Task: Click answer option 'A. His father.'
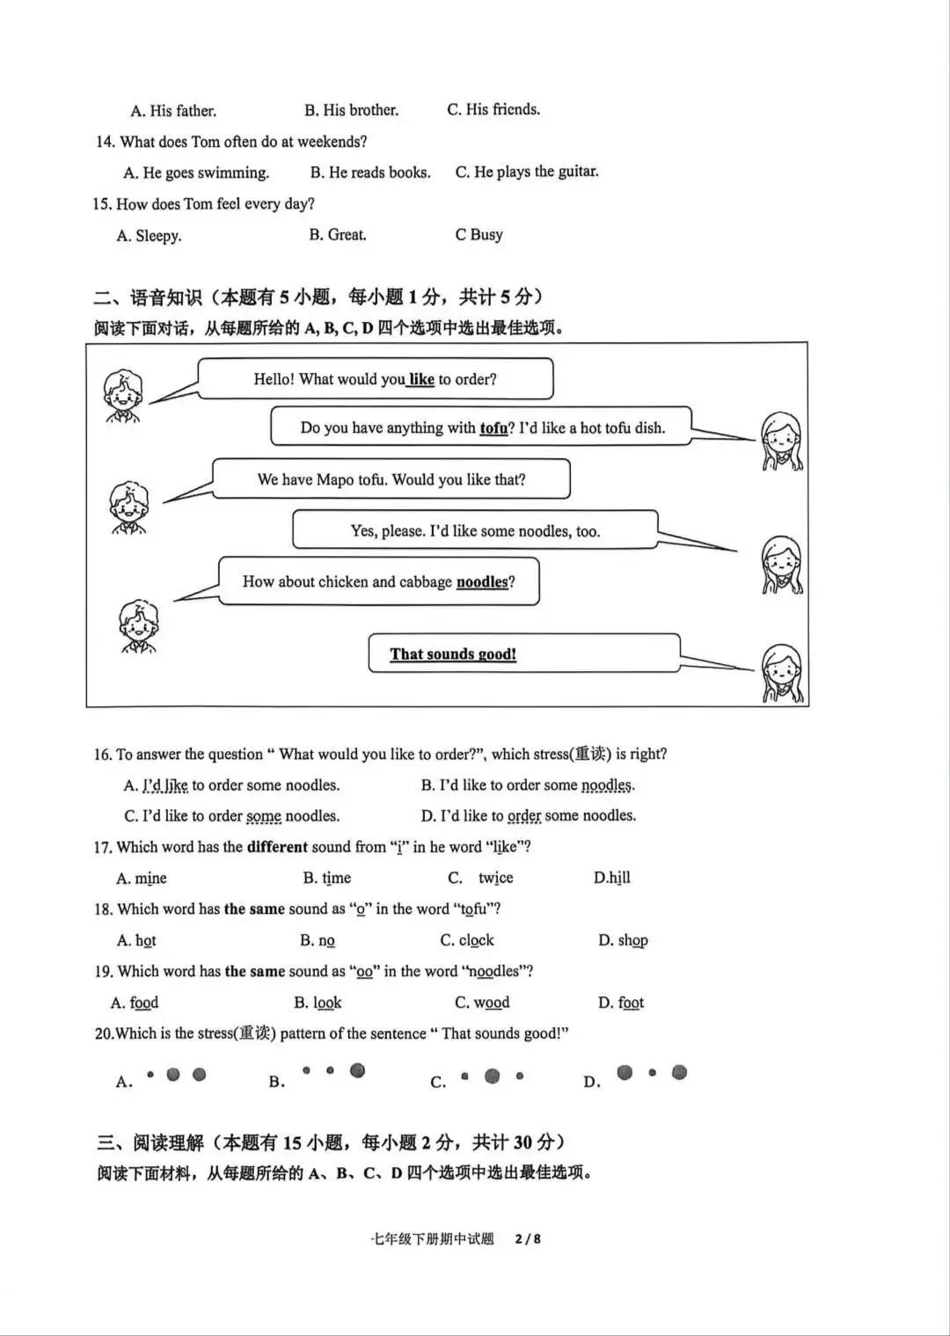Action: pyautogui.click(x=173, y=111)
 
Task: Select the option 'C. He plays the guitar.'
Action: pyautogui.click(x=526, y=172)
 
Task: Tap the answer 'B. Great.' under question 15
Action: pyautogui.click(x=337, y=235)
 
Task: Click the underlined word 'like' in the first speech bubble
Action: pyautogui.click(x=421, y=379)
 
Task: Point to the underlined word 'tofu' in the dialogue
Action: pyautogui.click(x=493, y=428)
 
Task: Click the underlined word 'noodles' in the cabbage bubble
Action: pyautogui.click(x=482, y=582)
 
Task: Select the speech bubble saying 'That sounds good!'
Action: pyautogui.click(x=523, y=653)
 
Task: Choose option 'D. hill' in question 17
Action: pyautogui.click(x=611, y=878)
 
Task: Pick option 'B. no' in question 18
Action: pyautogui.click(x=317, y=940)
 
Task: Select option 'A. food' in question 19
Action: pyautogui.click(x=135, y=1003)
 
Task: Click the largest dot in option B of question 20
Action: pyautogui.click(x=357, y=1070)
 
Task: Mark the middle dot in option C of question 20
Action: pyautogui.click(x=493, y=1076)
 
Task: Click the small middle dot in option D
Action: pyautogui.click(x=652, y=1072)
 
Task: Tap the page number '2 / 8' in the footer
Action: pyautogui.click(x=528, y=1238)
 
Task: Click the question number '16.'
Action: pyautogui.click(x=103, y=755)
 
